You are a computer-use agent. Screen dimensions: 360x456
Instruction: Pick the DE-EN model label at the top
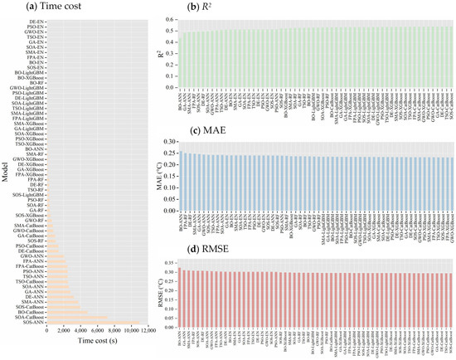point(37,20)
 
